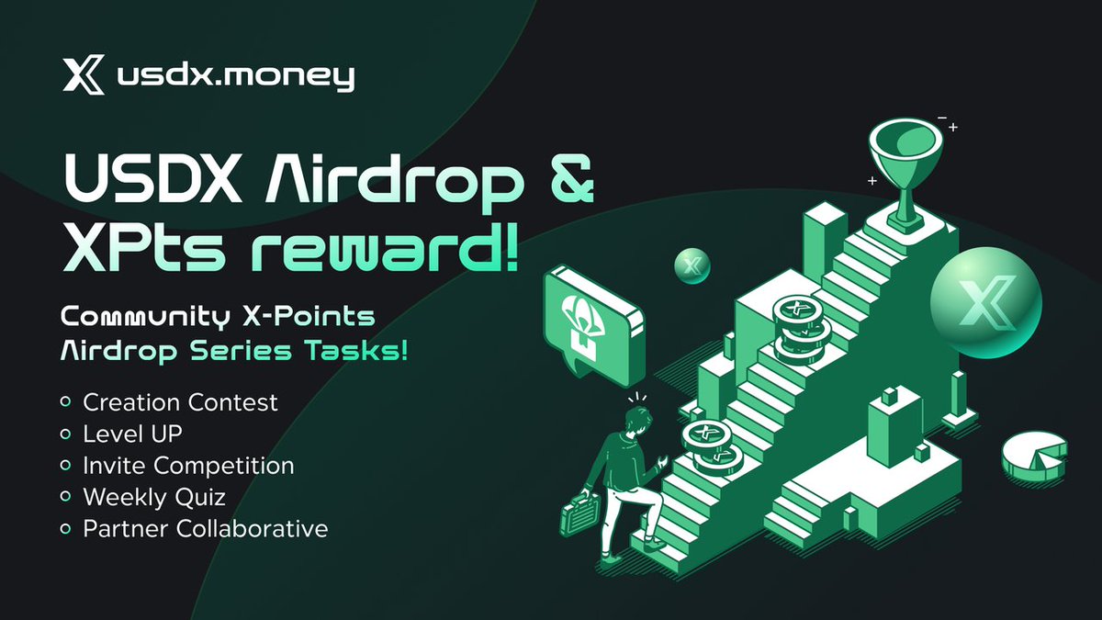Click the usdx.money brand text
point(235,77)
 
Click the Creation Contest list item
point(180,402)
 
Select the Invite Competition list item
point(188,466)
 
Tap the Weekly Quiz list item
point(153,497)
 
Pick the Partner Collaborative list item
point(205,529)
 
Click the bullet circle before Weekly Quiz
point(65,497)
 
